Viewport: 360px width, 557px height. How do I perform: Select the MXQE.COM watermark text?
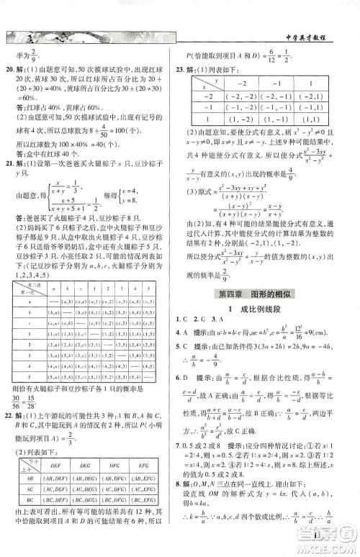point(333,545)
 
